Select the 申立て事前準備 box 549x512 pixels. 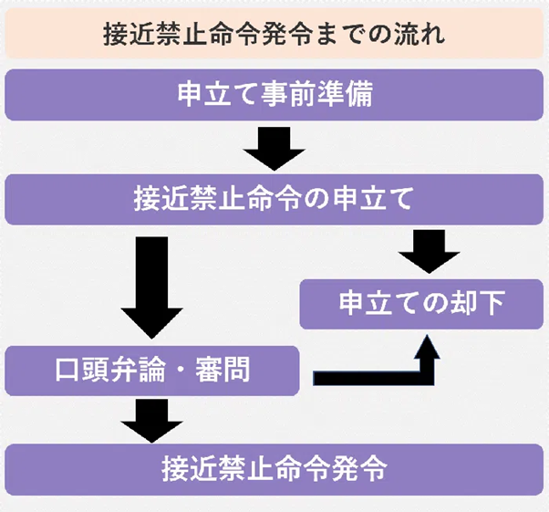coord(274,95)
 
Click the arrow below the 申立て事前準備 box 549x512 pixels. coord(274,148)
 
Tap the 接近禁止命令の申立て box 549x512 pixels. coord(274,198)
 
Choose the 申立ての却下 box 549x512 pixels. coord(422,304)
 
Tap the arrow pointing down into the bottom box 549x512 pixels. coord(151,421)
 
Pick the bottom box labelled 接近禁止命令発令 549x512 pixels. coord(274,470)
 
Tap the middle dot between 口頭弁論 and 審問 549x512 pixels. coord(181,371)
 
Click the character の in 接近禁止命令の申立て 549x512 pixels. coord(314,198)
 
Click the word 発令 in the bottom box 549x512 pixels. coord(362,470)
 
